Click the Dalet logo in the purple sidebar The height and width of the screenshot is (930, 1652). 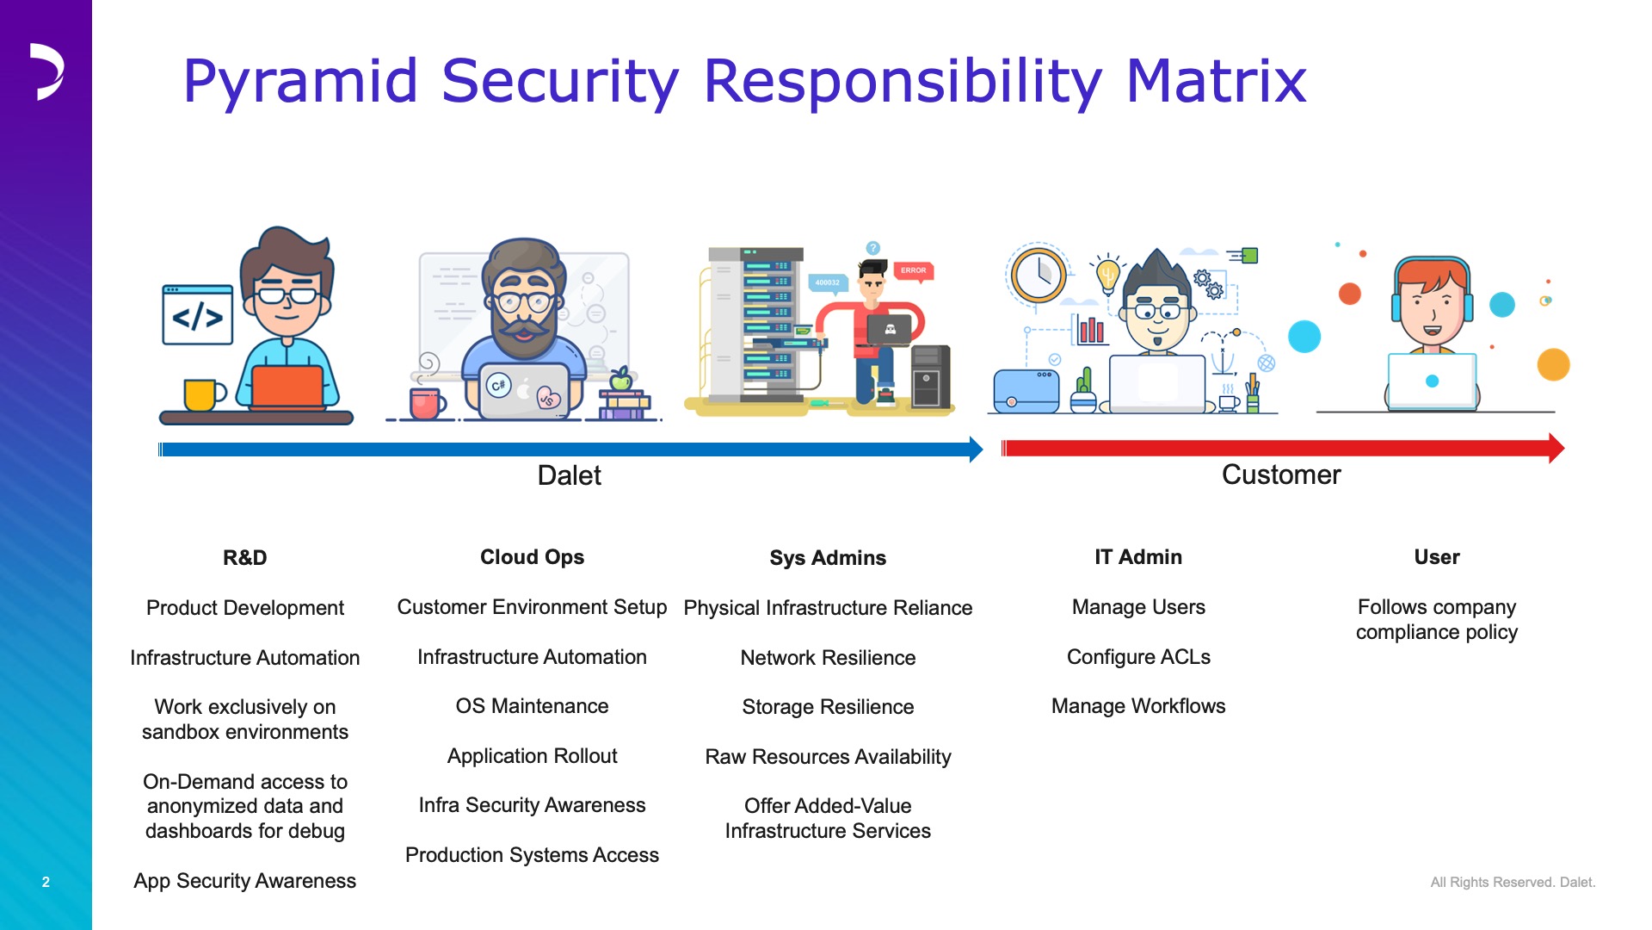(47, 71)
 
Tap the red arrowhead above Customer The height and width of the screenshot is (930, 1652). (1556, 448)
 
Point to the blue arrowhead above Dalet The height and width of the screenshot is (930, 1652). (976, 449)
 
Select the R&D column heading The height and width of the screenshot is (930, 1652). (245, 558)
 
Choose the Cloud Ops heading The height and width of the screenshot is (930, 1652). (532, 557)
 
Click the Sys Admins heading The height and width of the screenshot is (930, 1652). (828, 558)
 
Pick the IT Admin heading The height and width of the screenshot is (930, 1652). (1138, 557)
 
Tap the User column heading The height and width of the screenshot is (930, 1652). (1437, 557)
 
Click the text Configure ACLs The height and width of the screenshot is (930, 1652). (1138, 657)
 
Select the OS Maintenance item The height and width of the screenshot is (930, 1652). (532, 706)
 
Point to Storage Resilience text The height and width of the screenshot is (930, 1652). (828, 707)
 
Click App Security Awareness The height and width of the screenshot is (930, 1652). (245, 881)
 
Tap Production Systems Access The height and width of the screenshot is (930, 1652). (532, 855)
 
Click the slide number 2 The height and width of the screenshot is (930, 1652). (46, 882)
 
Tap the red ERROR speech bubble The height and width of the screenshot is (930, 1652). (913, 271)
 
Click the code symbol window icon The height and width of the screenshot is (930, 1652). (198, 315)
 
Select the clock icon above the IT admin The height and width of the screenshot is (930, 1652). (1039, 274)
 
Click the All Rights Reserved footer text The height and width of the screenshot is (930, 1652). (1513, 882)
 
